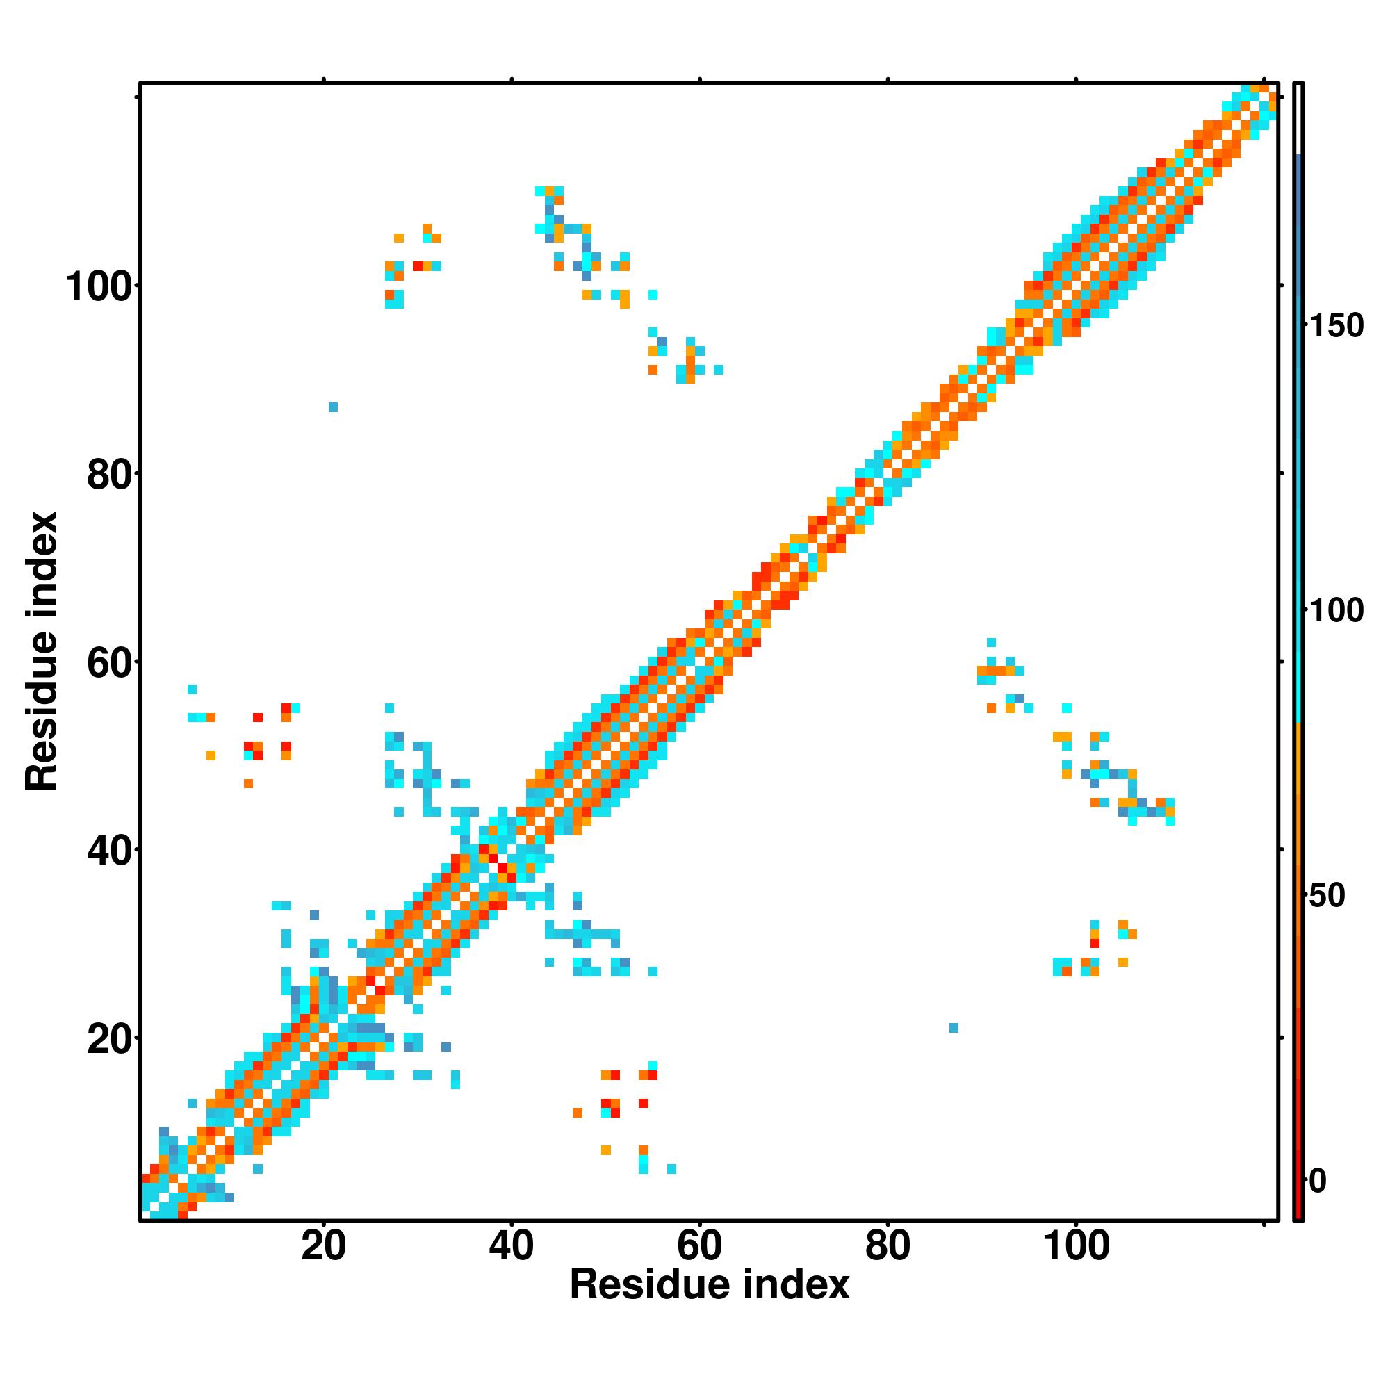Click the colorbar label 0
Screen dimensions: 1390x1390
point(1317,1181)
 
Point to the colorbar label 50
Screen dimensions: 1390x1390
point(1327,897)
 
